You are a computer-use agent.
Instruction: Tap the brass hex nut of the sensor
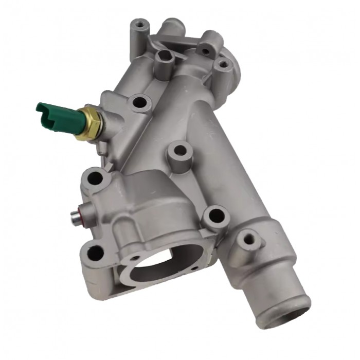(x=91, y=122)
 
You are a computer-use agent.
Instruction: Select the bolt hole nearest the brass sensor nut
(x=138, y=102)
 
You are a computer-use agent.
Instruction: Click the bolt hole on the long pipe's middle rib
(x=179, y=151)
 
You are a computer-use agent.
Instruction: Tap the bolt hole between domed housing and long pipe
(x=214, y=215)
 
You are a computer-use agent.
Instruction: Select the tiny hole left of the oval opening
(x=135, y=257)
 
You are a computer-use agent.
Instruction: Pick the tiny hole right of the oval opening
(x=196, y=267)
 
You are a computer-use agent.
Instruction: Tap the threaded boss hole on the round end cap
(x=222, y=65)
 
